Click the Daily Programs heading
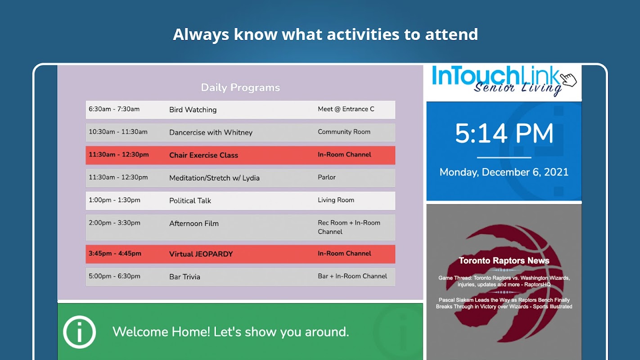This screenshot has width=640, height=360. coord(240,87)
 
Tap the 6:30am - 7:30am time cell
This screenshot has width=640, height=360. coord(114,109)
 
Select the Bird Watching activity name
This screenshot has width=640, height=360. coord(193,110)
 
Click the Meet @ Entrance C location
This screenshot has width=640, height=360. coord(346,109)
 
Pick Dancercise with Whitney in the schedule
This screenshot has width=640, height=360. coord(211,133)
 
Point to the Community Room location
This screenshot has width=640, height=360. coord(344,132)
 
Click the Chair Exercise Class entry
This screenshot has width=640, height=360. coord(203,155)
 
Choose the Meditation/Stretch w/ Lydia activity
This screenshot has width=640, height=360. coord(214,178)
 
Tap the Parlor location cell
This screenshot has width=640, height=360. coord(327,177)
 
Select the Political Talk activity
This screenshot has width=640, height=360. coord(190,201)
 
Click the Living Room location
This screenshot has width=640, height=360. coord(336,200)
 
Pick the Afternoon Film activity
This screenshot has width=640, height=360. coord(194,224)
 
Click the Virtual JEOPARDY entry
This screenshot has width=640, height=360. coord(201,254)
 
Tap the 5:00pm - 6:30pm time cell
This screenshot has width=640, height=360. coord(114,276)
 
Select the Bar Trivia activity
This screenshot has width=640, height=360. coord(185,277)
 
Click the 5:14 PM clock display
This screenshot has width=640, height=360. coord(504,133)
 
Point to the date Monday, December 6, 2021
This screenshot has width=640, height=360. coord(504,172)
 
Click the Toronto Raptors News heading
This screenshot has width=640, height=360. coord(504,261)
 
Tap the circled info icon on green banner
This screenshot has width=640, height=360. coord(79,332)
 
